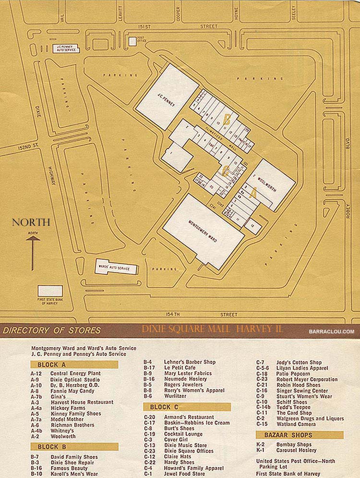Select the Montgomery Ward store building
204,231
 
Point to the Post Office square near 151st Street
132,41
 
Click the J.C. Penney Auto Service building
65,49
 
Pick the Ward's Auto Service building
116,267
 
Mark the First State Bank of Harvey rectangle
50,291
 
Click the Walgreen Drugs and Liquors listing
310,418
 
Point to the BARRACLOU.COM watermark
332,331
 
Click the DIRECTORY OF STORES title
52,331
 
